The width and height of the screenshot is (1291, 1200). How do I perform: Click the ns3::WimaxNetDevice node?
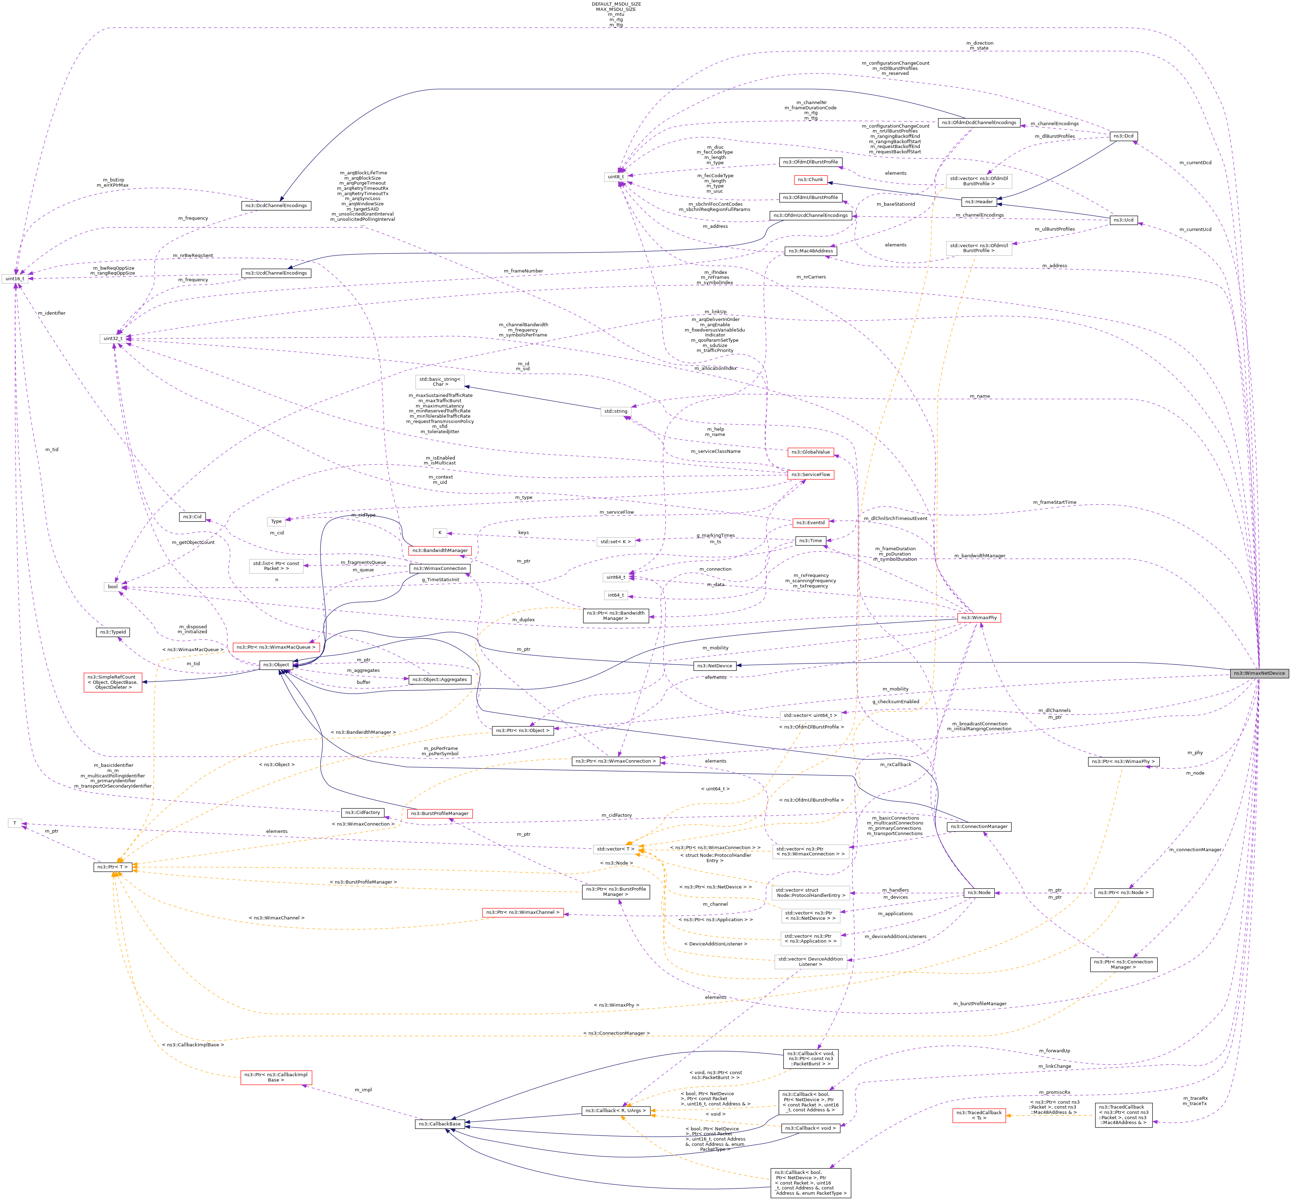1259,673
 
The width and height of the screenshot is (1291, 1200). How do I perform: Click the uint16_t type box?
14,278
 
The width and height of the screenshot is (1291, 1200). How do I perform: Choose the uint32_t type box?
113,338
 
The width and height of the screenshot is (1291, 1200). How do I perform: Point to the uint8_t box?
615,177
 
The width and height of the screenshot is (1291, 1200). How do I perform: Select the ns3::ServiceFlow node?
811,475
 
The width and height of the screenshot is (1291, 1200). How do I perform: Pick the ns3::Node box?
979,893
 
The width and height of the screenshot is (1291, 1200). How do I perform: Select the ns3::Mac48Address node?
811,251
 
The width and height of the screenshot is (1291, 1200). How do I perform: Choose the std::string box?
616,411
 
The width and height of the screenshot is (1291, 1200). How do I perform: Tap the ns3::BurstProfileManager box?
440,814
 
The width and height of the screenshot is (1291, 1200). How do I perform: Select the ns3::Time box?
811,540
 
